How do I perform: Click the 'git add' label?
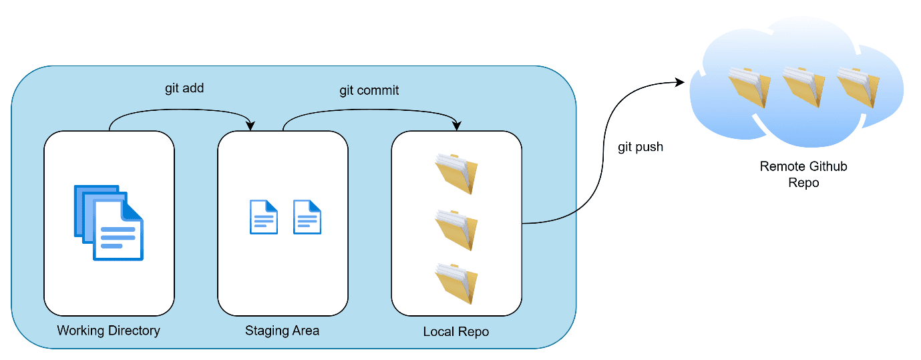pos(184,88)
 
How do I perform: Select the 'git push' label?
pos(640,147)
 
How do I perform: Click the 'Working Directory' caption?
pos(109,330)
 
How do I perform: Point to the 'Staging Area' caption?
pos(282,330)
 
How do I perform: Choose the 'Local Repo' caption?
pos(456,331)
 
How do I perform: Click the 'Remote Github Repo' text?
pos(803,174)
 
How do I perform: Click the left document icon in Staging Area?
pos(263,217)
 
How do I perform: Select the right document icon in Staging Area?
pos(307,217)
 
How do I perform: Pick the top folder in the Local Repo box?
pos(456,173)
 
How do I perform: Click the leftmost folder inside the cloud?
pos(749,87)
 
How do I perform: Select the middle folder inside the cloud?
pos(803,87)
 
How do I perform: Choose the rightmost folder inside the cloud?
pos(858,87)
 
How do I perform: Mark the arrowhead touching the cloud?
pos(681,82)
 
